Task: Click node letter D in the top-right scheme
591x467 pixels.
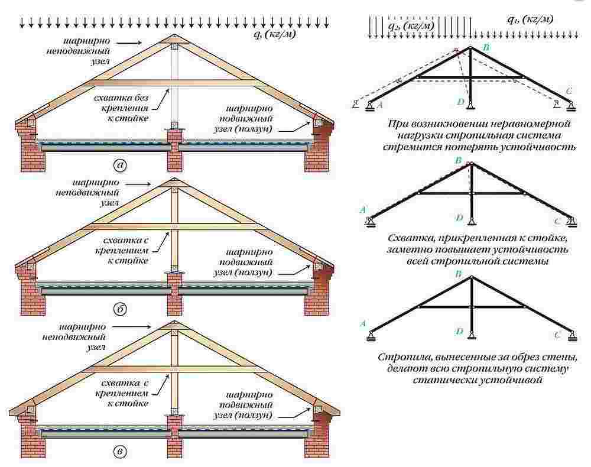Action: [461, 102]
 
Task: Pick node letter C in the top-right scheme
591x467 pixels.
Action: [568, 91]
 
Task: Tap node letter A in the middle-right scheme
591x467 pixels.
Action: [362, 210]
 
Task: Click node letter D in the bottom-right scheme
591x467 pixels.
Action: [459, 332]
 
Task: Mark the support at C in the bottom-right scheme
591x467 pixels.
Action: [571, 336]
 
